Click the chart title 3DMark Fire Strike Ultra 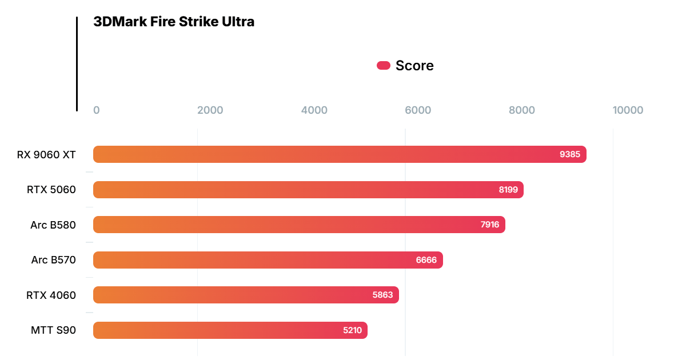click(174, 22)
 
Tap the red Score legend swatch click(383, 66)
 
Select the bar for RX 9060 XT click(340, 154)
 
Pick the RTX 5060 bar click(308, 190)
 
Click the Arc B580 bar click(299, 225)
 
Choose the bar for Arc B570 click(268, 260)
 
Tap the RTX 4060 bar click(246, 295)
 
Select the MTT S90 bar click(230, 330)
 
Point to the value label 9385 click(570, 154)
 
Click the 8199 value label click(508, 190)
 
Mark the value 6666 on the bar click(426, 260)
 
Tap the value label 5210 click(352, 330)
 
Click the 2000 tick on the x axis click(210, 110)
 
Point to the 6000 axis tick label click(418, 110)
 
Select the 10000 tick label click(628, 110)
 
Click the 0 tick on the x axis click(97, 110)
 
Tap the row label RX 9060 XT click(46, 154)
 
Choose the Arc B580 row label click(53, 225)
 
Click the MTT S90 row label click(53, 330)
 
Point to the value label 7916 click(490, 225)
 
